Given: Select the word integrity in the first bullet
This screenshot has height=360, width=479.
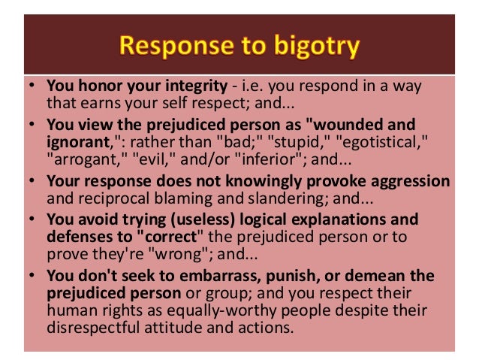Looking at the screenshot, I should [x=189, y=86].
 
